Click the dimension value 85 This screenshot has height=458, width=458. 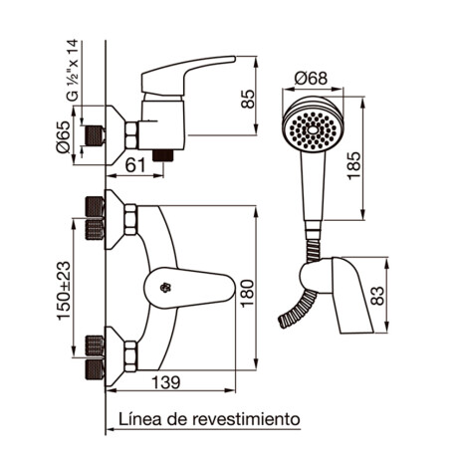pos(249,99)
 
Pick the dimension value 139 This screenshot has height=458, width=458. pos(174,382)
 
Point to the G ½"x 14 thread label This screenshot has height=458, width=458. pos(71,70)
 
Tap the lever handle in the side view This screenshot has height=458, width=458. pos(189,75)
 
